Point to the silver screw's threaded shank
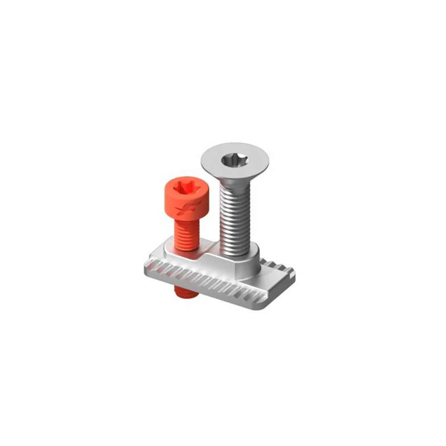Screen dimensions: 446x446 [235, 219]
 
